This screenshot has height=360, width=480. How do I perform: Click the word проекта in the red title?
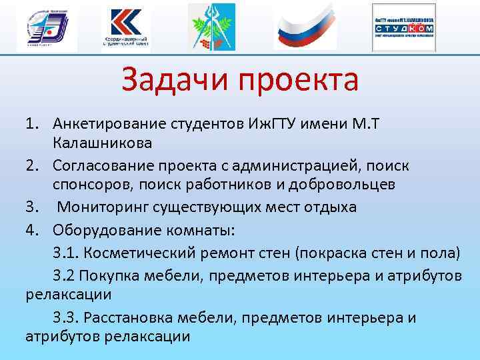coord(299,81)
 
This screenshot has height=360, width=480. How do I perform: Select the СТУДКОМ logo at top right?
coord(404,27)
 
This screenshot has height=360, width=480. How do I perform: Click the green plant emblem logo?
coord(211,27)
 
